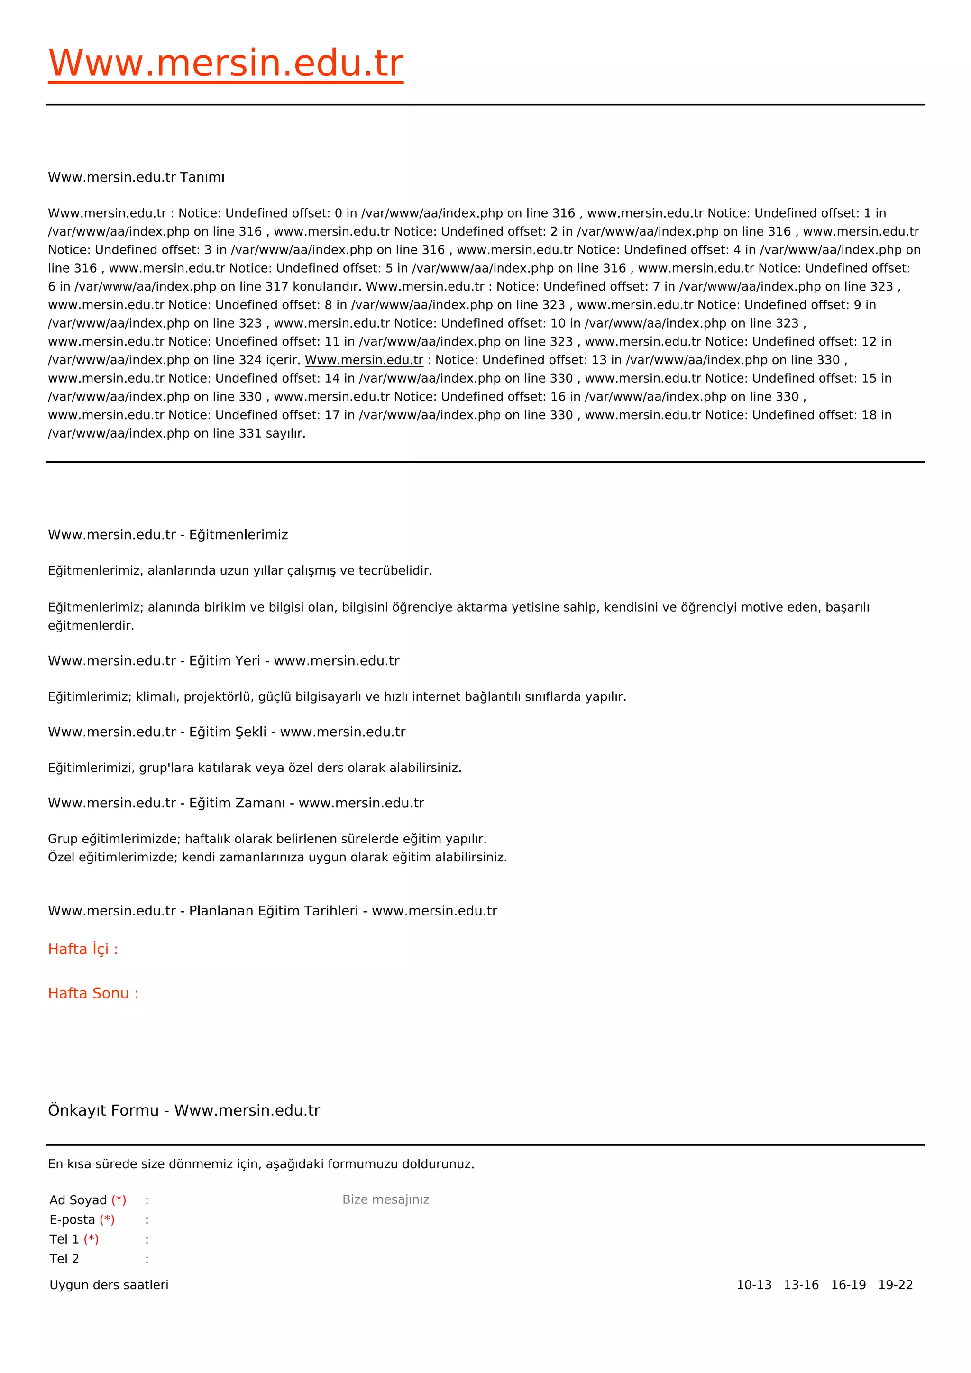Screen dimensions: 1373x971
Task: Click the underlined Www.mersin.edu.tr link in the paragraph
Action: click(x=364, y=360)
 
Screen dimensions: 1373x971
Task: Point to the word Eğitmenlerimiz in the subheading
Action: click(x=238, y=535)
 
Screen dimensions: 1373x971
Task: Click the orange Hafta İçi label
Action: click(x=82, y=949)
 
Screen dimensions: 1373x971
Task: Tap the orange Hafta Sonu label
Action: click(x=92, y=993)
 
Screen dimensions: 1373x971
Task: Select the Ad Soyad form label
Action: click(x=78, y=1200)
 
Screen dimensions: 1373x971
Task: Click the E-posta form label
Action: click(x=72, y=1220)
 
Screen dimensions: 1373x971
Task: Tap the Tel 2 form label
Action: click(x=64, y=1259)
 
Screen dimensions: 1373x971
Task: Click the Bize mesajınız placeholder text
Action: click(x=385, y=1199)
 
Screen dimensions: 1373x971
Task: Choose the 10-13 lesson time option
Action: click(x=753, y=1285)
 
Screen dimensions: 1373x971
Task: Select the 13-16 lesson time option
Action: click(x=801, y=1285)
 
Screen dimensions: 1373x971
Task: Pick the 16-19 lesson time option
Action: click(x=848, y=1285)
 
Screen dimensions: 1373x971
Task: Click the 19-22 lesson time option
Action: click(x=895, y=1285)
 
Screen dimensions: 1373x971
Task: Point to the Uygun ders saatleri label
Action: click(x=109, y=1285)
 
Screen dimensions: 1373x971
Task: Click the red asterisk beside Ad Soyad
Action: click(x=119, y=1200)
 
